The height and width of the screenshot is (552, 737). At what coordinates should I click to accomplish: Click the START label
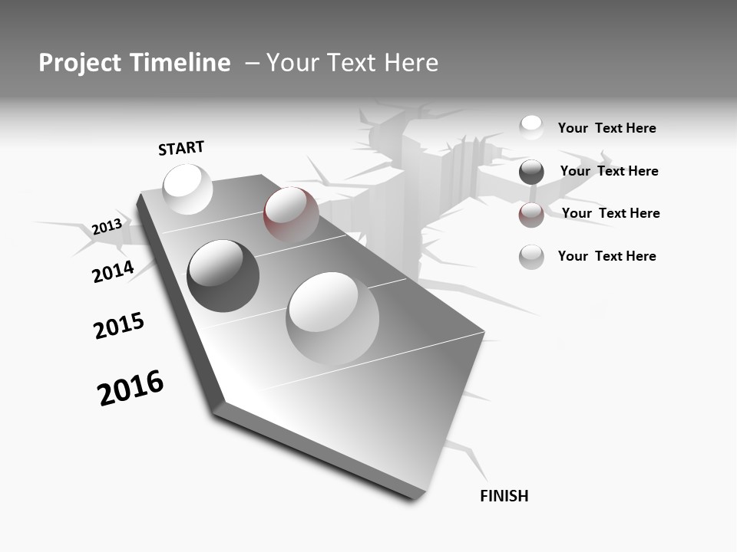click(181, 148)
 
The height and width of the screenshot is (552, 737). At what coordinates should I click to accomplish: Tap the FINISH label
click(504, 496)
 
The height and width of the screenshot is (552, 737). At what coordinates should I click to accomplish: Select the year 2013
click(107, 227)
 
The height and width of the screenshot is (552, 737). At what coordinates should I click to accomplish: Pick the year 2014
click(113, 271)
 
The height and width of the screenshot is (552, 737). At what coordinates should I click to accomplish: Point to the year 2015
click(119, 326)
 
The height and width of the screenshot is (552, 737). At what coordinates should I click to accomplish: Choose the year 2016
click(131, 388)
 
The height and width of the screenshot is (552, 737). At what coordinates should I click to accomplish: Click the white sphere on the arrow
click(188, 189)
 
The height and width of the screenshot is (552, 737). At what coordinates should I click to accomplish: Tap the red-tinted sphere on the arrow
click(291, 215)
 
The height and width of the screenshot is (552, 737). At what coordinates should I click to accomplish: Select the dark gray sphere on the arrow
click(223, 276)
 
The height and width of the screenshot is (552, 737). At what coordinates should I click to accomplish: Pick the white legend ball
click(531, 127)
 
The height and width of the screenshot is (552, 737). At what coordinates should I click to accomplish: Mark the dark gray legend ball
click(531, 172)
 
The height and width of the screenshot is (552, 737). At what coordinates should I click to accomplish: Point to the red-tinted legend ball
click(531, 215)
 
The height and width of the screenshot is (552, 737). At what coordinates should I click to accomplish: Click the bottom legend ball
click(531, 257)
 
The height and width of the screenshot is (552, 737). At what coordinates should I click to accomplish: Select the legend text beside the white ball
click(606, 128)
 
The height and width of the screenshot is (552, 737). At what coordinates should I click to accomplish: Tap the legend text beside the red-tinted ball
click(610, 213)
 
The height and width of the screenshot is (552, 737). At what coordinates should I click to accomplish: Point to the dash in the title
click(252, 64)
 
